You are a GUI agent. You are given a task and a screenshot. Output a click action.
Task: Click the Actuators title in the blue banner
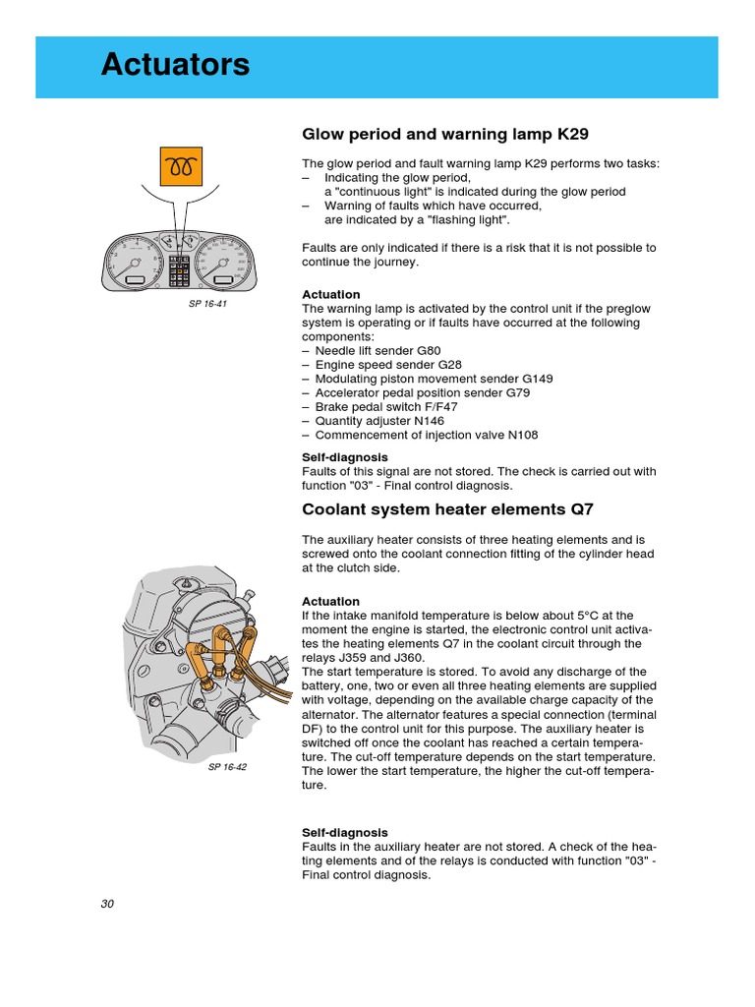175,66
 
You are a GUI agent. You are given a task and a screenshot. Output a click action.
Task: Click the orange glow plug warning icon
181,167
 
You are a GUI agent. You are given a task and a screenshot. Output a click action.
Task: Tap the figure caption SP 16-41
207,304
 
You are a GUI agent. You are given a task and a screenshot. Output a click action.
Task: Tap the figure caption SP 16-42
227,767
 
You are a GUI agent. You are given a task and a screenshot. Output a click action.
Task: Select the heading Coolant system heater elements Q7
447,509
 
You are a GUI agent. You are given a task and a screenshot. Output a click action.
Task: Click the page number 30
107,905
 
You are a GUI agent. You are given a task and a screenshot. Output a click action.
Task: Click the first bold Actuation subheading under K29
330,294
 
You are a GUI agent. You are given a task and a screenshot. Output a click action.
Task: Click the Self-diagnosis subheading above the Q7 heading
344,457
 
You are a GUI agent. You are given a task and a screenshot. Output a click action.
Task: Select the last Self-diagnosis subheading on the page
344,832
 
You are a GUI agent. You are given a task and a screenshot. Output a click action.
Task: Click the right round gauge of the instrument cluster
225,262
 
